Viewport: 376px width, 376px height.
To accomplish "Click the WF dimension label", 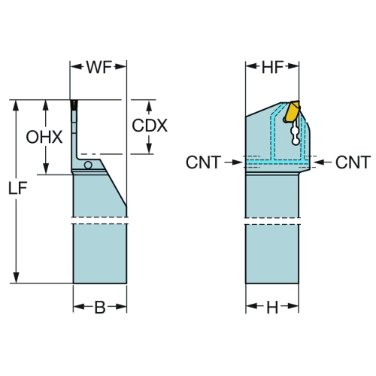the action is [x=99, y=67].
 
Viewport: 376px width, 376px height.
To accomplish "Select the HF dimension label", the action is [x=272, y=67].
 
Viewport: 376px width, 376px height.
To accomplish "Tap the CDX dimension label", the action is [x=150, y=126].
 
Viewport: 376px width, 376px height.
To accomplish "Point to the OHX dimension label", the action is [x=44, y=138].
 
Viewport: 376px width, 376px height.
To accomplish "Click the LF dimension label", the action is [x=17, y=188].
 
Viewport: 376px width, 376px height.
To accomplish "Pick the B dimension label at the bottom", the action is [x=100, y=307].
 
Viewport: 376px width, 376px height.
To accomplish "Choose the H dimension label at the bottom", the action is [x=272, y=308].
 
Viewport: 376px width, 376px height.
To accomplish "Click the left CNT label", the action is [x=203, y=162].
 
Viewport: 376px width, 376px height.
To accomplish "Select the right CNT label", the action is [x=353, y=162].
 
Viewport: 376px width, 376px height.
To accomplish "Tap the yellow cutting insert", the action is [x=293, y=111].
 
